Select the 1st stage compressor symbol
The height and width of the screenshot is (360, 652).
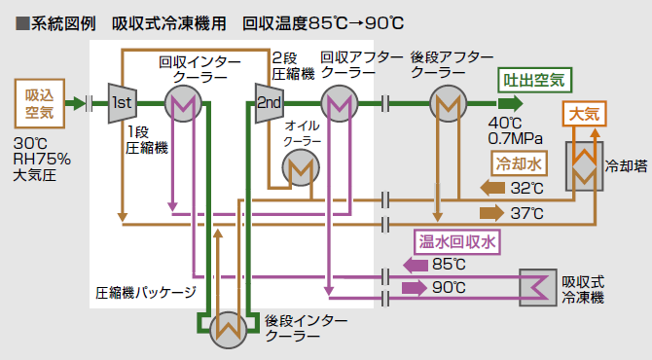(x=122, y=102)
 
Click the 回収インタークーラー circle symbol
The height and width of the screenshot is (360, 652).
(x=182, y=102)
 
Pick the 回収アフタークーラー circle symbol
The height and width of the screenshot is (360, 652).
(x=340, y=102)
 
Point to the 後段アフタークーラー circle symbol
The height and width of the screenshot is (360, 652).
(x=447, y=102)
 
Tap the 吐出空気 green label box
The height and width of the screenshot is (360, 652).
(x=535, y=79)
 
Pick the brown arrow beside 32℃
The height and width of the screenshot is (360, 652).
(x=493, y=187)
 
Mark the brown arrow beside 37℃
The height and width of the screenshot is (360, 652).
(x=493, y=211)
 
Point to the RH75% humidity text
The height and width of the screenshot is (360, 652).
(x=42, y=160)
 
